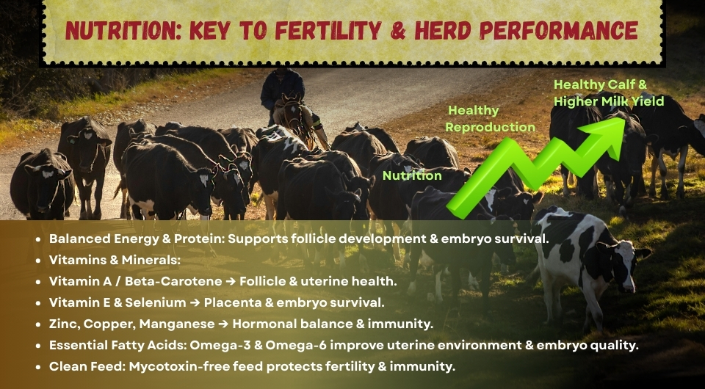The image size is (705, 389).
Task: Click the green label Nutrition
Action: [x=412, y=175]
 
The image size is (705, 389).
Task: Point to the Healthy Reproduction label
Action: [x=491, y=119]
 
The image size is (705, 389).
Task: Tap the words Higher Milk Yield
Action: [x=609, y=101]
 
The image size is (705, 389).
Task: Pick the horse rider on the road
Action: [x=283, y=92]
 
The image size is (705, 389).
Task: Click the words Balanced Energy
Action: [x=103, y=239]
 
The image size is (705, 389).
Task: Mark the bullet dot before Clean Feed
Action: [x=38, y=367]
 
